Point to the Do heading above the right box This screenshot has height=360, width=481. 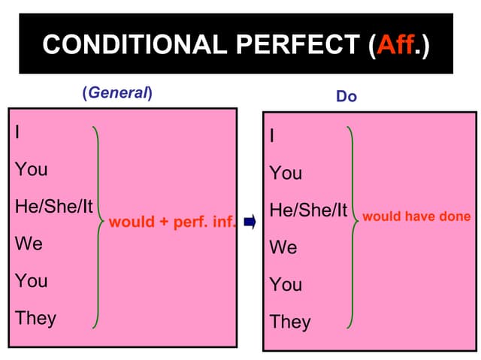346,97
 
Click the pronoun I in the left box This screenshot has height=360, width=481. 18,132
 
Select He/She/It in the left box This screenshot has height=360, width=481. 53,206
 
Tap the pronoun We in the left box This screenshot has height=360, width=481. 29,244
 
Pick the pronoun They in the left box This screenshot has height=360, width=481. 35,317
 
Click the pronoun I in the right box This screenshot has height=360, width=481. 273,136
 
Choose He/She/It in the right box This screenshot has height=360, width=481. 308,210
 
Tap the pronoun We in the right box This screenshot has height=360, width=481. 283,247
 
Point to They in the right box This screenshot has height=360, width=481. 290,322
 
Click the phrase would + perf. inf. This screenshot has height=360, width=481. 173,222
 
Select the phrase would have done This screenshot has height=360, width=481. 416,216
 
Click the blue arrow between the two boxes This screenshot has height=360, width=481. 250,222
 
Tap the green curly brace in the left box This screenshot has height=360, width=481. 97,225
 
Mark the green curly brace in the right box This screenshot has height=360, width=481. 351,225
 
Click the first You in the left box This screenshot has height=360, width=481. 32,169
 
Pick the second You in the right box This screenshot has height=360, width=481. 286,285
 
